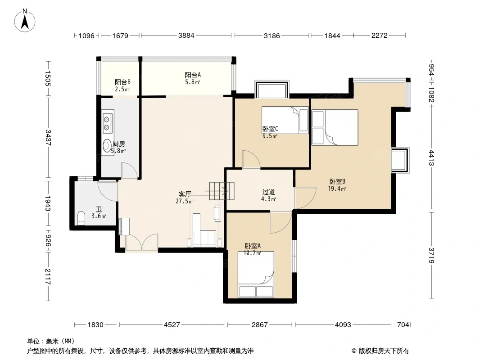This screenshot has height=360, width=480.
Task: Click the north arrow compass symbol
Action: pos(25,20)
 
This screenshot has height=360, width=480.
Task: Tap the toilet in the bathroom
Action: pos(81,218)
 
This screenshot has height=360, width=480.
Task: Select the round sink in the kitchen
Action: pos(107,146)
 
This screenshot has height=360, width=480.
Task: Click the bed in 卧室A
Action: pos(256,274)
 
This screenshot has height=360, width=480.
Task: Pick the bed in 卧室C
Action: pos(285,120)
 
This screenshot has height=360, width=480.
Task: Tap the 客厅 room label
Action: pos(185,194)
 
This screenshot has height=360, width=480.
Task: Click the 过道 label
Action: pos(268,192)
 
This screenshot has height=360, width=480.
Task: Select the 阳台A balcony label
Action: pos(193,75)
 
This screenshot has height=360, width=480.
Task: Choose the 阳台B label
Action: pos(122,82)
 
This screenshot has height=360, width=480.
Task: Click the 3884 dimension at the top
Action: pos(186,36)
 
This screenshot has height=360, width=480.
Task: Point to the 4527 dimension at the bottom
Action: pos(172,324)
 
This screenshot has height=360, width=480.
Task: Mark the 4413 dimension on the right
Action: pos(431,158)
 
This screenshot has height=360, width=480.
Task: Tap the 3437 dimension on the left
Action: pos(48,138)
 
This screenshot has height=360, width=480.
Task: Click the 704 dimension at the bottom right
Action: pos(403,324)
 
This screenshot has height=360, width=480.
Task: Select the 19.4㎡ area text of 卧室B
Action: pos(337,189)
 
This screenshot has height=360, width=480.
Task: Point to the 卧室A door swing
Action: pos(280,222)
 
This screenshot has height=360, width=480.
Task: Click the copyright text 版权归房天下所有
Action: pos(383,351)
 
